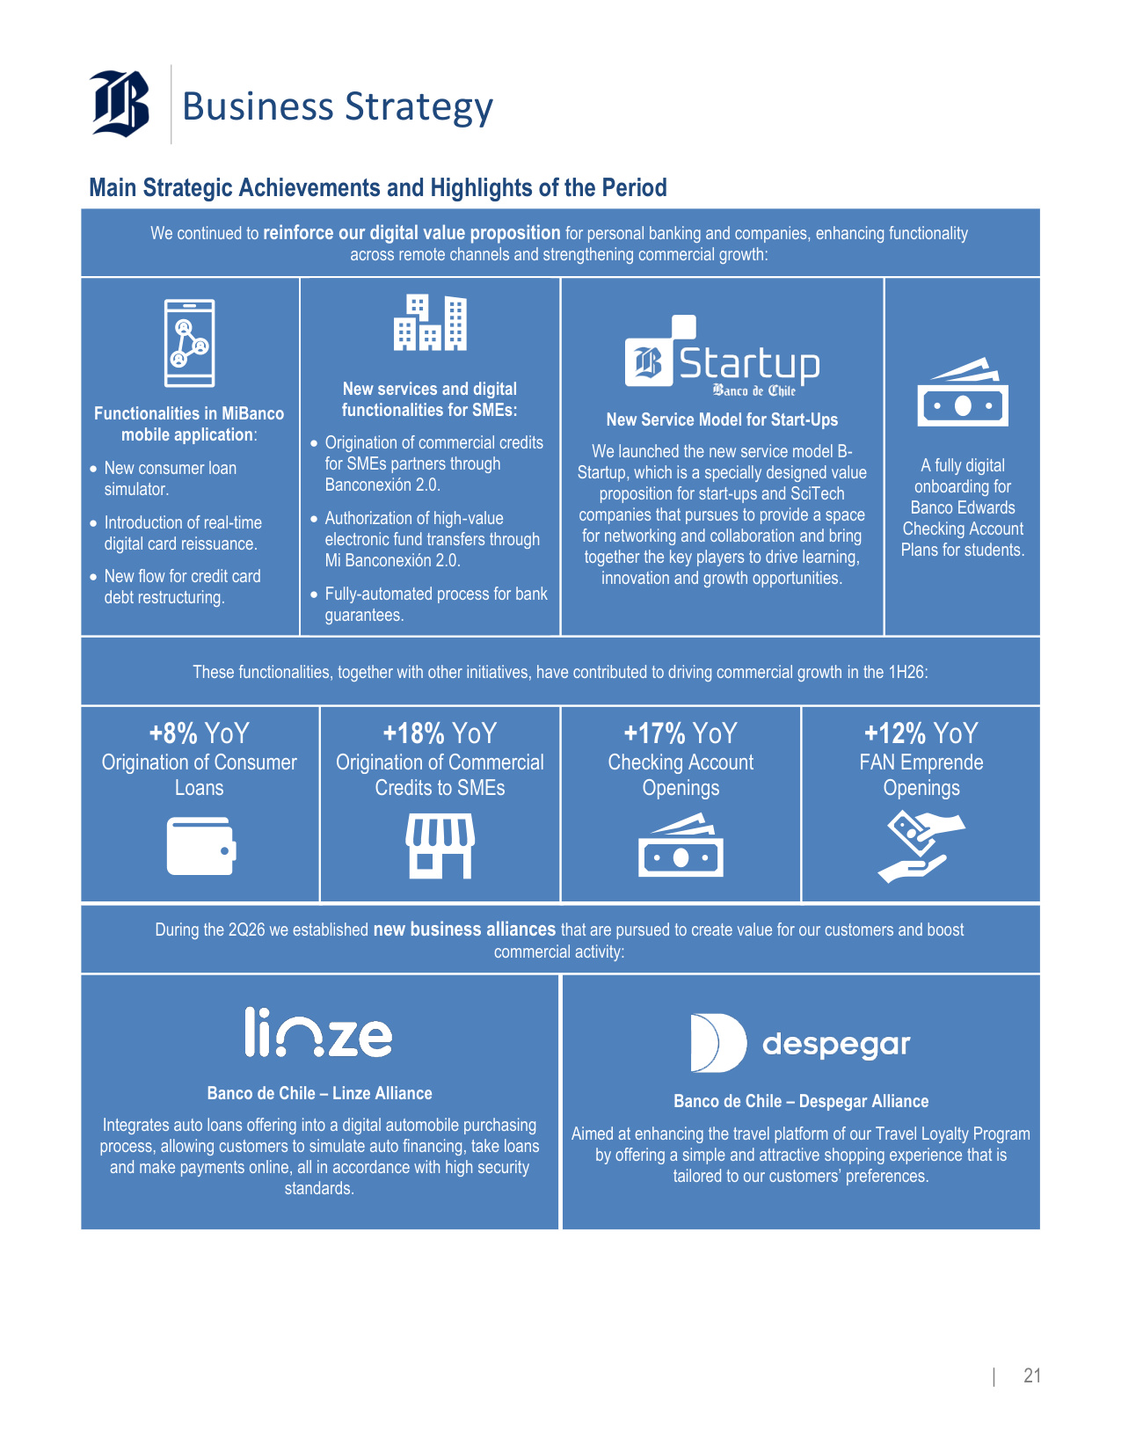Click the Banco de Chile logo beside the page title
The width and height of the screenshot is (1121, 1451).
(120, 104)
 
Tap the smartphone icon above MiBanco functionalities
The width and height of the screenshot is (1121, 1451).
(190, 343)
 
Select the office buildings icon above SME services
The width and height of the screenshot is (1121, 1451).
(430, 323)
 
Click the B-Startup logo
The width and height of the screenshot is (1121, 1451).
(722, 357)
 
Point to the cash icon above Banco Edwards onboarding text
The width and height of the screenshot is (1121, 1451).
(963, 392)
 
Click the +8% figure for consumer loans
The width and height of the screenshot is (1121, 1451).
(173, 733)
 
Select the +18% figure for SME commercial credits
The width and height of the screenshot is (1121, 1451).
(413, 733)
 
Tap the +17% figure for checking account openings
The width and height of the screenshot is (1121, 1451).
(654, 733)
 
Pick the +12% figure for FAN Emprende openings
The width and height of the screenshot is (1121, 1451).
(895, 733)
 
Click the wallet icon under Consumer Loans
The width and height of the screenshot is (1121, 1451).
(201, 846)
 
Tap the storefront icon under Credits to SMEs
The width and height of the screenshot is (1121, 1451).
(440, 845)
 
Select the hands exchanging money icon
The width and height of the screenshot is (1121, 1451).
(921, 847)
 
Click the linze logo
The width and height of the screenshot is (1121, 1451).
(318, 1032)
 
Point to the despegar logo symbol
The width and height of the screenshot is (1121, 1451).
(718, 1043)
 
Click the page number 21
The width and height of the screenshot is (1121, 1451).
(1032, 1375)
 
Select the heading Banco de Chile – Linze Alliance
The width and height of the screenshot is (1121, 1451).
(319, 1093)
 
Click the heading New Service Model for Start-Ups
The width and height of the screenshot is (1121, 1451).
(722, 419)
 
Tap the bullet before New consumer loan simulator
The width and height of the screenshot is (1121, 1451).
(93, 469)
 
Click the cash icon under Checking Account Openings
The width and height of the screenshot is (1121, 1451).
(681, 845)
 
